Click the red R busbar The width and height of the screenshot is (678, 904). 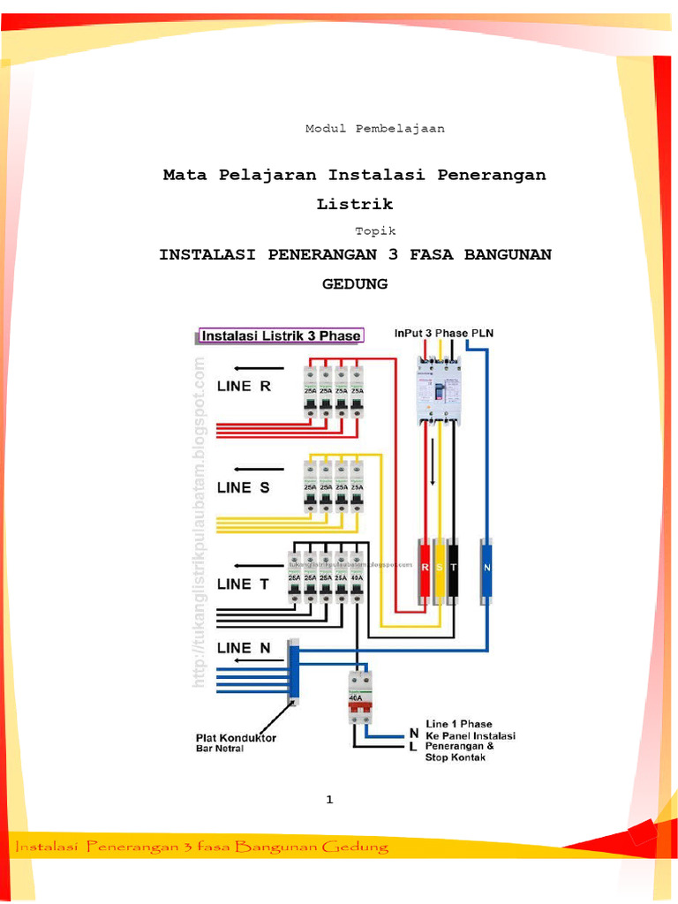424,570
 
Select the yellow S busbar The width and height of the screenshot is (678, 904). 438,570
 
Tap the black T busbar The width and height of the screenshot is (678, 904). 452,570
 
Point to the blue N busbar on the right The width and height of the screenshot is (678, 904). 486,570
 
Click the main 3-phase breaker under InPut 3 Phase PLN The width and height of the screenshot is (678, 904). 438,389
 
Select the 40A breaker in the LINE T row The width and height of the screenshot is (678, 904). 358,576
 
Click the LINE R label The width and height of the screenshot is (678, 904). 245,386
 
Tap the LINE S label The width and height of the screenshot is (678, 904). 244,487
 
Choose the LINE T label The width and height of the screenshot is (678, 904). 245,584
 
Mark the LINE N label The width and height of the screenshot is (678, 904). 245,647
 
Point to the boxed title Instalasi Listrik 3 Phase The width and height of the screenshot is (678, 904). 281,335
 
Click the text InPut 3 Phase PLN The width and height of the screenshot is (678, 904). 443,333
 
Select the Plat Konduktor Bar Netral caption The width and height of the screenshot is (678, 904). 236,742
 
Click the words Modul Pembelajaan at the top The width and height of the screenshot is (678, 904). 375,129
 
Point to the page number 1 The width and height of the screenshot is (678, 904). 329,800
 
